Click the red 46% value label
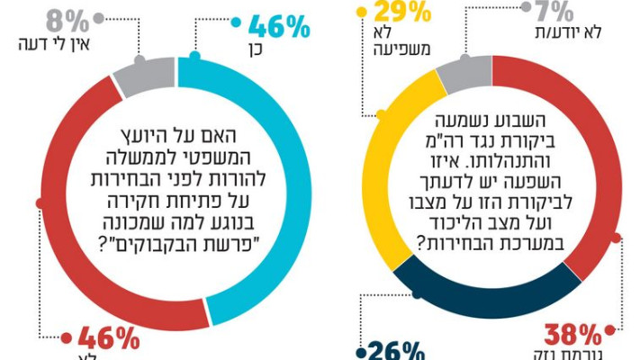[109, 340]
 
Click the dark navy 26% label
[393, 348]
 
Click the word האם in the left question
[253, 136]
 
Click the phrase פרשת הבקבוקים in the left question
[180, 240]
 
